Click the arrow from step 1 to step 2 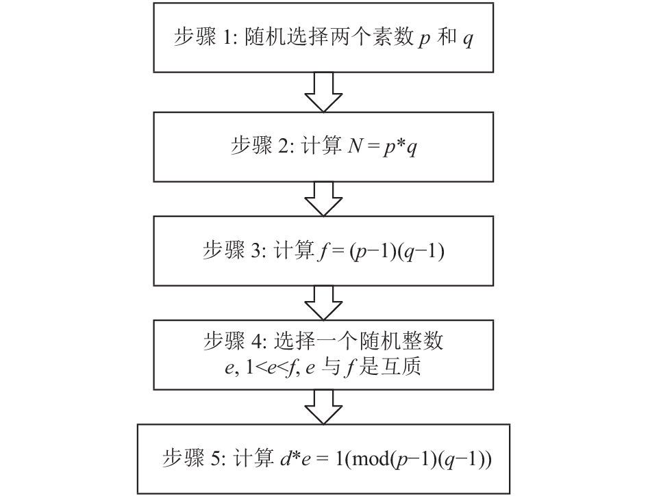click(323, 92)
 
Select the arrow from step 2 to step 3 click(323, 199)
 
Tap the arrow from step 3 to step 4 click(323, 303)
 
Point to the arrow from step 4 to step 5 click(323, 407)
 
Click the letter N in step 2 click(355, 146)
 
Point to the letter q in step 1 click(468, 40)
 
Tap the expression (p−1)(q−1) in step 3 click(397, 251)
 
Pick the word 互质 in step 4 click(401, 367)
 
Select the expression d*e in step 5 click(295, 459)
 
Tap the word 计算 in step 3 click(295, 250)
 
